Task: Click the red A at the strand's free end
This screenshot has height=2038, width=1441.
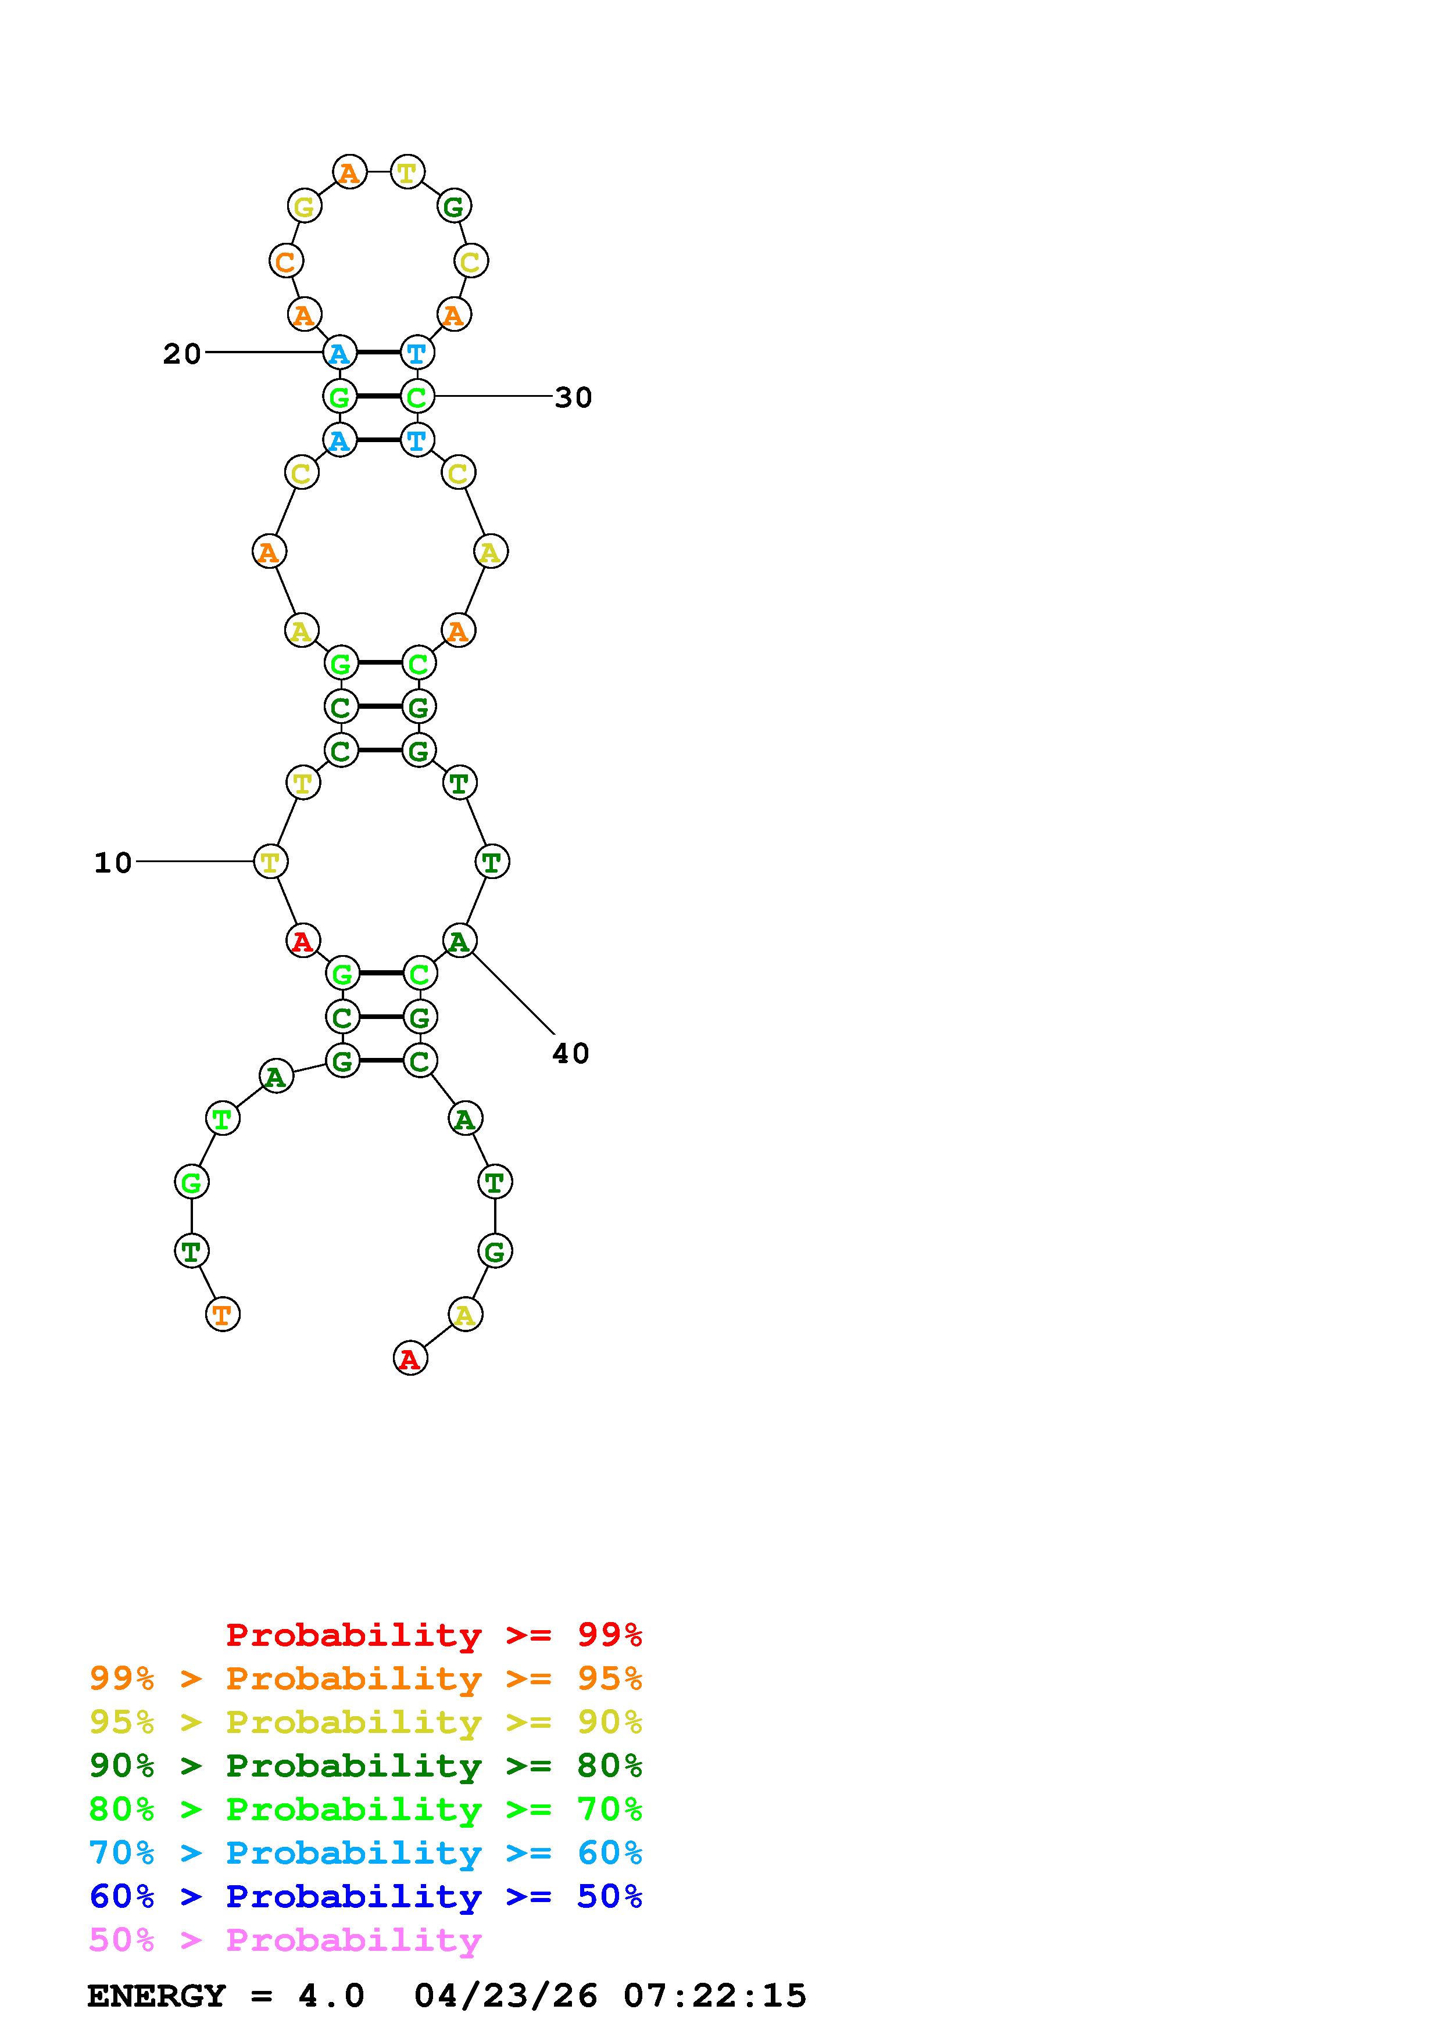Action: click(409, 1358)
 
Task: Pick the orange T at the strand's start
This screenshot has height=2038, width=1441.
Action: click(223, 1314)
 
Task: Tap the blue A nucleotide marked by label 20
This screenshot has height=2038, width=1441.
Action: click(339, 353)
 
